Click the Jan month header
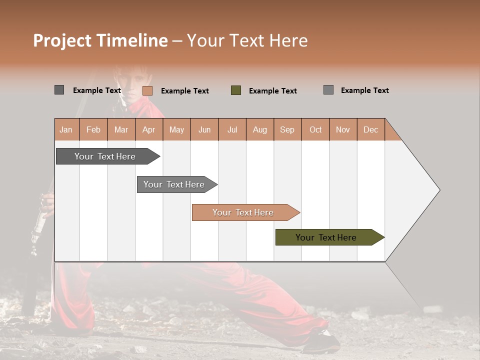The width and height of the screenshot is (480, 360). (x=66, y=129)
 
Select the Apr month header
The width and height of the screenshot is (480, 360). (x=148, y=129)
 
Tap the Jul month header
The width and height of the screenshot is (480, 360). (x=232, y=129)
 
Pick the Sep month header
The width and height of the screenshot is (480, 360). (x=287, y=129)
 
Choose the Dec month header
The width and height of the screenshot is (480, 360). (x=370, y=129)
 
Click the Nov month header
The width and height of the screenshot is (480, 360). (x=342, y=129)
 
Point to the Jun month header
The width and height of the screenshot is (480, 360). (x=204, y=129)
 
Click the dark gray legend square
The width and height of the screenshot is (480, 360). (x=59, y=90)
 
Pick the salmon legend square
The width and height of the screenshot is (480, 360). (x=147, y=90)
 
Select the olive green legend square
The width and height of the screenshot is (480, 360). (x=236, y=90)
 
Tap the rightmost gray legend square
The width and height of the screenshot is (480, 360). (x=328, y=90)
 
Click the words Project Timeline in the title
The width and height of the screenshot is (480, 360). (x=100, y=40)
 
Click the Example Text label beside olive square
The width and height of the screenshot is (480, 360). (x=272, y=90)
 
